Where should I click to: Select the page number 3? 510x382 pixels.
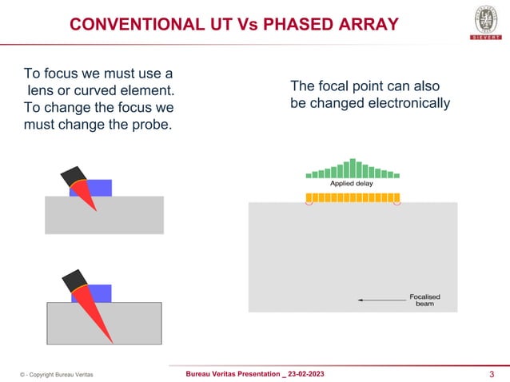coord(491,374)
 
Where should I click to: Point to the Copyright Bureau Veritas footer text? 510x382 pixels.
coord(56,374)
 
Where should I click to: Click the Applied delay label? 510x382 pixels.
coord(353,184)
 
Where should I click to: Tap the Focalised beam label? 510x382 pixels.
coord(424,301)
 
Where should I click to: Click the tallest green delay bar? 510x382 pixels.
coord(353,167)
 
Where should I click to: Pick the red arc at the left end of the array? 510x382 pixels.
coord(308,203)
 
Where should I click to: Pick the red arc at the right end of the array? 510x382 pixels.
coord(397,203)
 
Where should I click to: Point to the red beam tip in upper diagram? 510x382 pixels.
coord(95,209)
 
